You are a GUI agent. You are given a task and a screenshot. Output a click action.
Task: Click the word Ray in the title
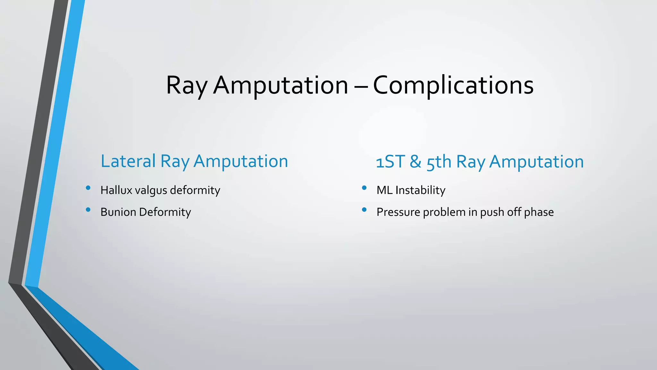pyautogui.click(x=187, y=85)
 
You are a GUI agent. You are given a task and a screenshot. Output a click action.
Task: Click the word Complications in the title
pyautogui.click(x=453, y=85)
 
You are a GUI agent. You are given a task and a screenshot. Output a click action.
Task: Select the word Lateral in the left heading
pyautogui.click(x=128, y=161)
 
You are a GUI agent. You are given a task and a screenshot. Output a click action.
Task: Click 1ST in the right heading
pyautogui.click(x=390, y=162)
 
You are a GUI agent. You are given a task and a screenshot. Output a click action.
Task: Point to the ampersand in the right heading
pyautogui.click(x=415, y=162)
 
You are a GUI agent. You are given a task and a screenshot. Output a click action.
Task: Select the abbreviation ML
pyautogui.click(x=384, y=190)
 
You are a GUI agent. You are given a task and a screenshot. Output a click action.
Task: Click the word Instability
pyautogui.click(x=420, y=190)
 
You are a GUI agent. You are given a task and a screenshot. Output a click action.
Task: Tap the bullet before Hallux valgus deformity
pyautogui.click(x=88, y=188)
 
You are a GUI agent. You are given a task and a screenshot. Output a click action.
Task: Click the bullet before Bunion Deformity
pyautogui.click(x=88, y=210)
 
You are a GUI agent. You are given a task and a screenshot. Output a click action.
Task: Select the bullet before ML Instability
pyautogui.click(x=364, y=188)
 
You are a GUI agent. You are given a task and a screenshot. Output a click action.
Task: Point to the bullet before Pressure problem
pyautogui.click(x=364, y=210)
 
